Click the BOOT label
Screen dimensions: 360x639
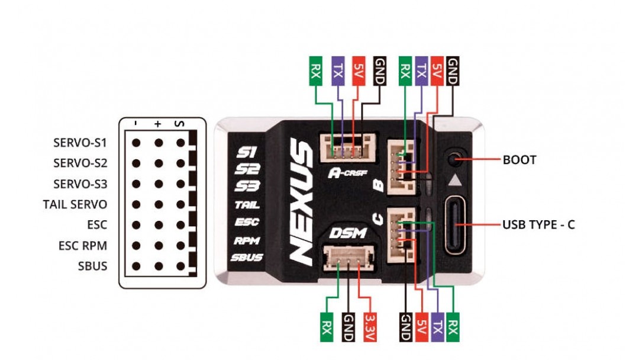[519, 160]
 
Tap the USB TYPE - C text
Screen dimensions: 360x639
[538, 225]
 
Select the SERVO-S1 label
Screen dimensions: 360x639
[80, 144]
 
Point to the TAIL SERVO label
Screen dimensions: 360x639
[75, 205]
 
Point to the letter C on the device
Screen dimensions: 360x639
[376, 219]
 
